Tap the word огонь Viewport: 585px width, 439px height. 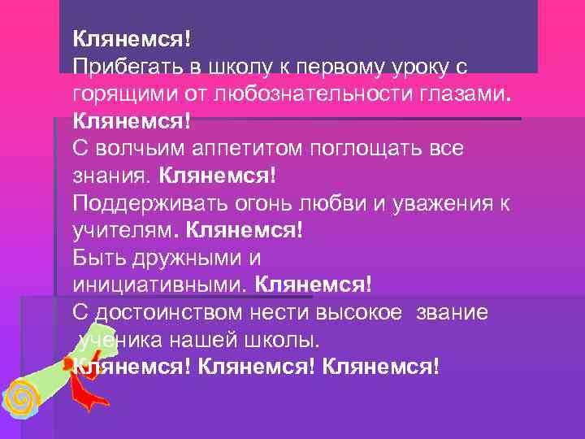coord(240,203)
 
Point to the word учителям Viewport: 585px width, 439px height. coord(123,232)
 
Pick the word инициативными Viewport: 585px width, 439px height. coord(160,286)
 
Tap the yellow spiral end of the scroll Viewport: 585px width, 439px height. coord(21,401)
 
